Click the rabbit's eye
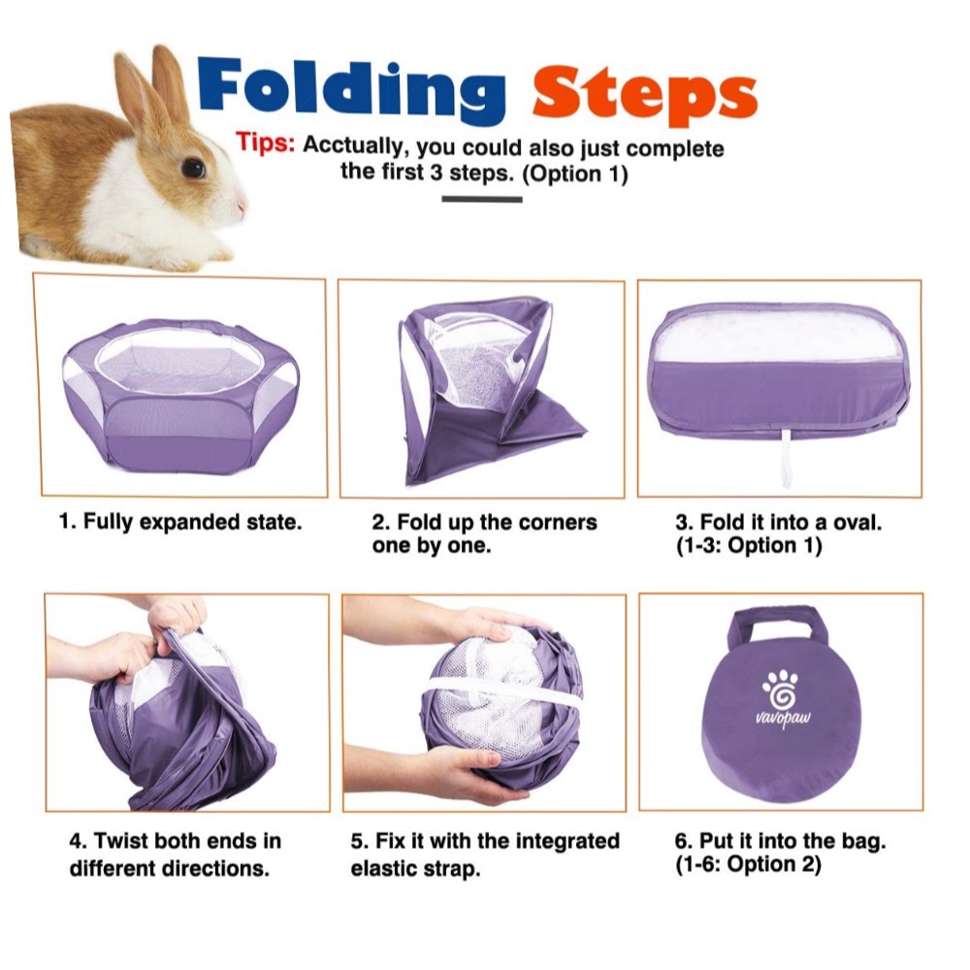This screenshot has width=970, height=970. [x=194, y=168]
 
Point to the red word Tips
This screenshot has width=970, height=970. [x=265, y=143]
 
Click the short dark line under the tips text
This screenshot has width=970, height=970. [x=482, y=199]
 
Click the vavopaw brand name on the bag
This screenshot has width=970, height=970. [x=783, y=719]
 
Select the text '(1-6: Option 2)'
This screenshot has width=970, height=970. [x=748, y=865]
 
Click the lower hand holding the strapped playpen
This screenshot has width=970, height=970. [x=445, y=773]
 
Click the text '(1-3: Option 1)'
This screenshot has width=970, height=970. [x=749, y=546]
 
